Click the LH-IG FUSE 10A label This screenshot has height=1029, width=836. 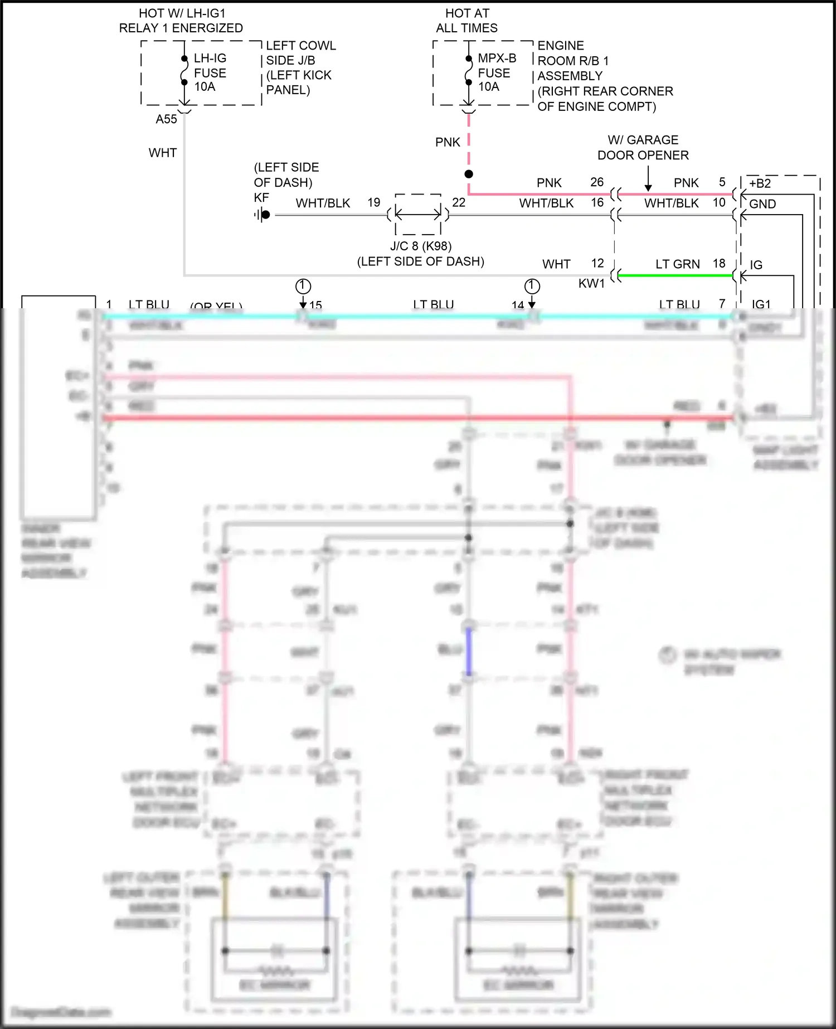point(210,72)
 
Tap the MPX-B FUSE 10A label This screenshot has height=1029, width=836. point(496,72)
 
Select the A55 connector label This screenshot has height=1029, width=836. point(166,119)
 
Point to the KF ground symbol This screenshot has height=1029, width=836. point(263,215)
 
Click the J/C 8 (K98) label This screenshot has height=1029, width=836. point(420,246)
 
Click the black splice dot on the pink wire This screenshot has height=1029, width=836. point(469,174)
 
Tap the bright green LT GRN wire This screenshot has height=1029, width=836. point(674,275)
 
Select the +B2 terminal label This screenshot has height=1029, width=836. point(760,184)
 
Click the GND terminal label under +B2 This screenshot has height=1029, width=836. point(762,204)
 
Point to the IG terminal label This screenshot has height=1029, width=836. point(756,265)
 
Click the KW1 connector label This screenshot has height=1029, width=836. point(591,284)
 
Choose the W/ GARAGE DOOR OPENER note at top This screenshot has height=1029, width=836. point(643,148)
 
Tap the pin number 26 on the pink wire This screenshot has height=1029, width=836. point(597,182)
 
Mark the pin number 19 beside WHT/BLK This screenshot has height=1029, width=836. point(374,202)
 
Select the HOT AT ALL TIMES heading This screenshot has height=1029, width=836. point(467,21)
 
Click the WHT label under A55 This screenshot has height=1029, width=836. point(163,153)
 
